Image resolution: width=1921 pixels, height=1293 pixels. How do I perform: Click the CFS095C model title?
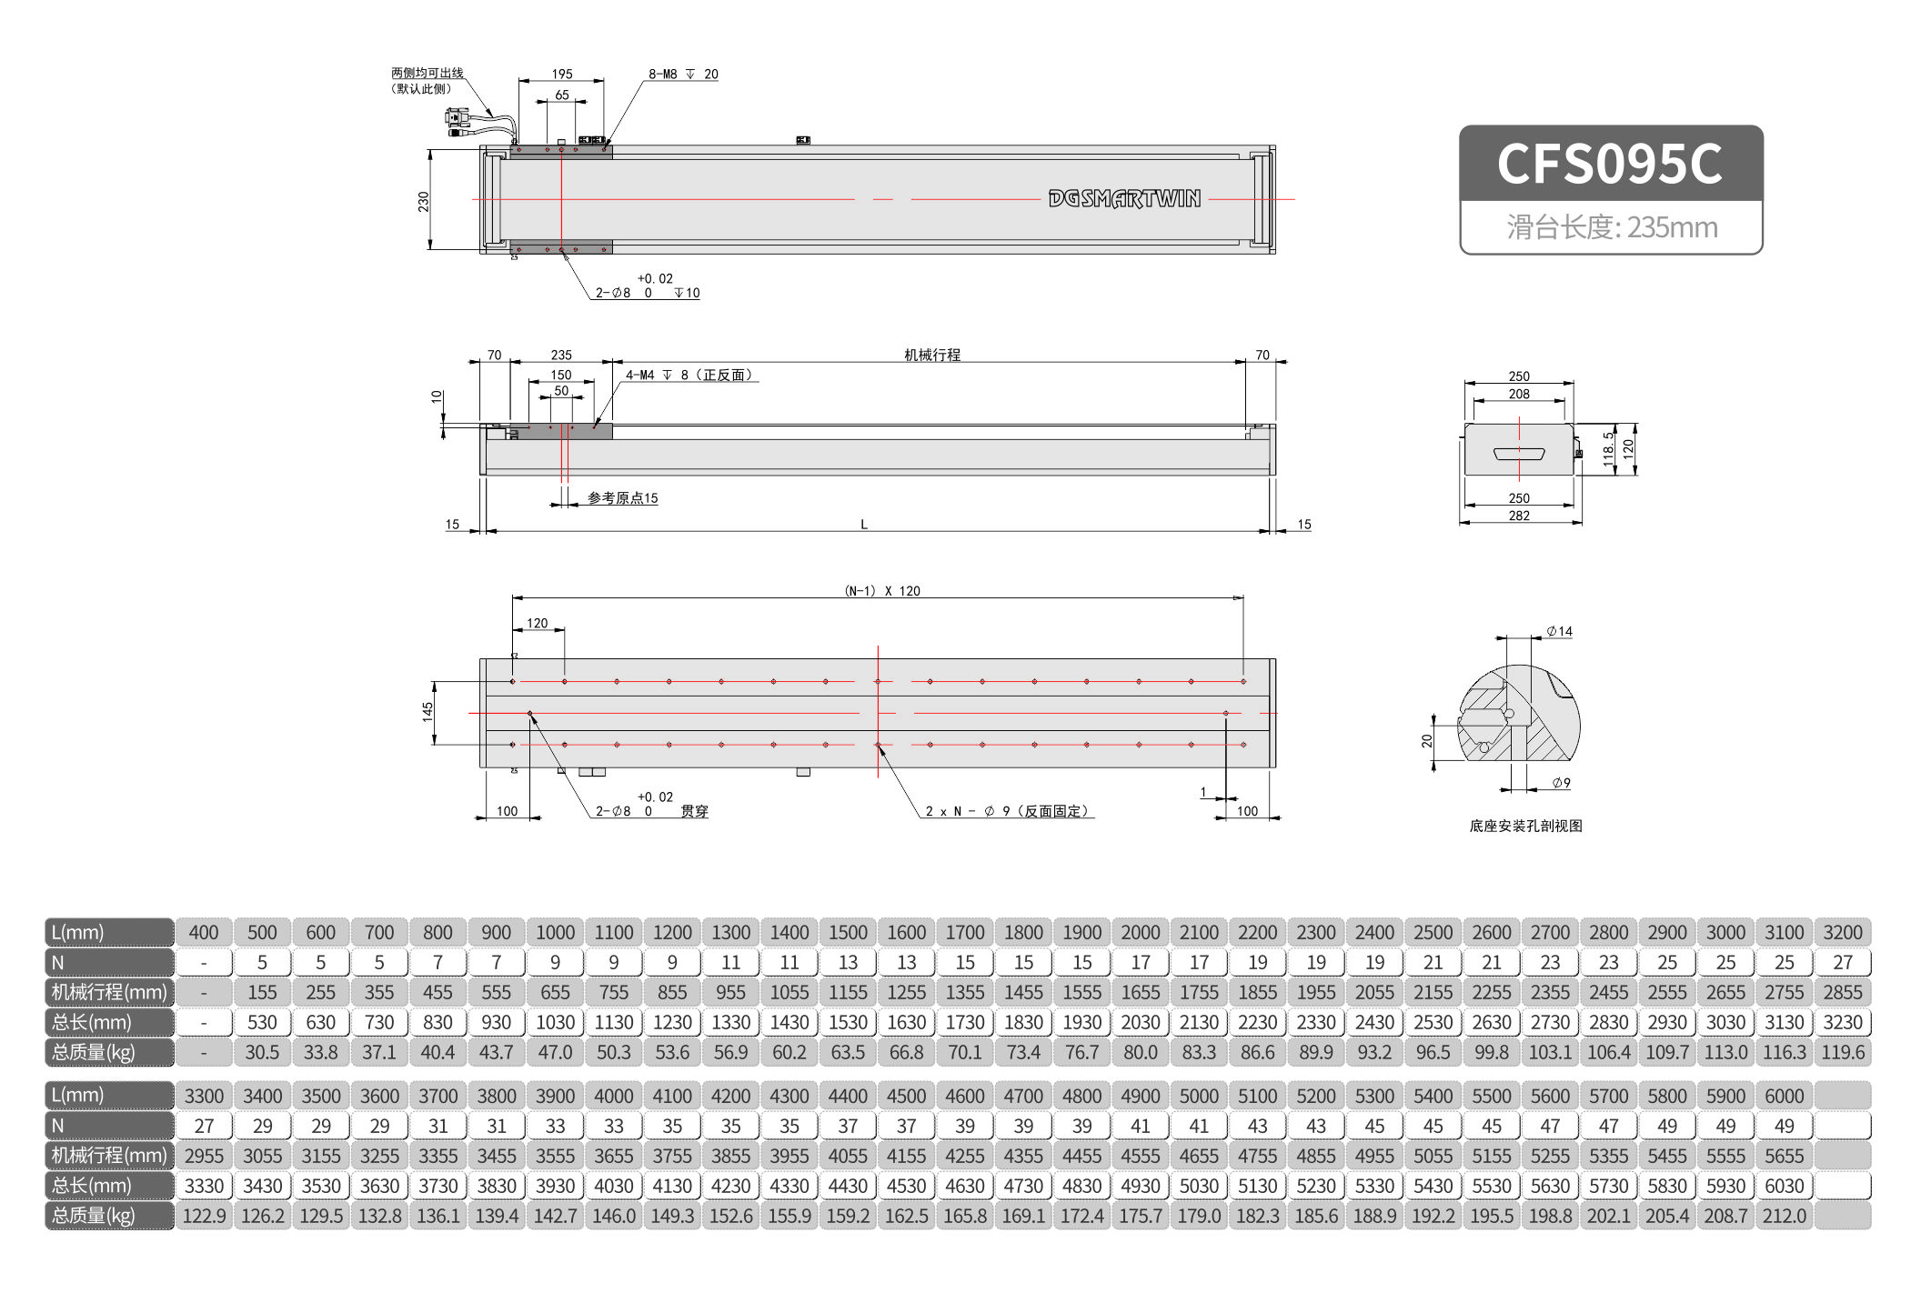pyautogui.click(x=1609, y=164)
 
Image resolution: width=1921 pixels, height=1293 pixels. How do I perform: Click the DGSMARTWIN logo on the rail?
pyautogui.click(x=1124, y=198)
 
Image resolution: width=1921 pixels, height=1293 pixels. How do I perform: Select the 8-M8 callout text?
pyautogui.click(x=682, y=74)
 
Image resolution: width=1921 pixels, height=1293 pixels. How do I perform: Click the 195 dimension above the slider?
pyautogui.click(x=562, y=74)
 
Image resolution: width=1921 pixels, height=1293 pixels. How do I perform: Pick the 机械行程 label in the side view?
pyautogui.click(x=931, y=355)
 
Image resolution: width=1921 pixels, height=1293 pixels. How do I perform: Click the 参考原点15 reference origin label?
pyautogui.click(x=622, y=497)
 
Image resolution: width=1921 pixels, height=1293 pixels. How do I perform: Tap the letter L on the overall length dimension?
pyautogui.click(x=863, y=524)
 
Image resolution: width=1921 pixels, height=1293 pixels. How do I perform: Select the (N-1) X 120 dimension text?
pyautogui.click(x=882, y=590)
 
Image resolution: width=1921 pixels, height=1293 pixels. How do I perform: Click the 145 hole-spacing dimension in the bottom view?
pyautogui.click(x=427, y=712)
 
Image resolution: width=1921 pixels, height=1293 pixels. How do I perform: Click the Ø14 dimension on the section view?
pyautogui.click(x=1559, y=631)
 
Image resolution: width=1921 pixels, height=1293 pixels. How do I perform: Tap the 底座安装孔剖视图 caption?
pyautogui.click(x=1525, y=826)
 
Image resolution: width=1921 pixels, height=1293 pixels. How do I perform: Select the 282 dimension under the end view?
pyautogui.click(x=1519, y=516)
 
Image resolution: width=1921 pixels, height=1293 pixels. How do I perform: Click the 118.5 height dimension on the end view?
pyautogui.click(x=1608, y=448)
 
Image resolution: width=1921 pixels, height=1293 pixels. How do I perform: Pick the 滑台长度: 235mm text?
pyautogui.click(x=1611, y=227)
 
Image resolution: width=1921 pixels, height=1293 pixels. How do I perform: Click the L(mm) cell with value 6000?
pyautogui.click(x=1784, y=1096)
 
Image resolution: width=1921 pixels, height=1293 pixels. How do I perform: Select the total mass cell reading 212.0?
pyautogui.click(x=1784, y=1216)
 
